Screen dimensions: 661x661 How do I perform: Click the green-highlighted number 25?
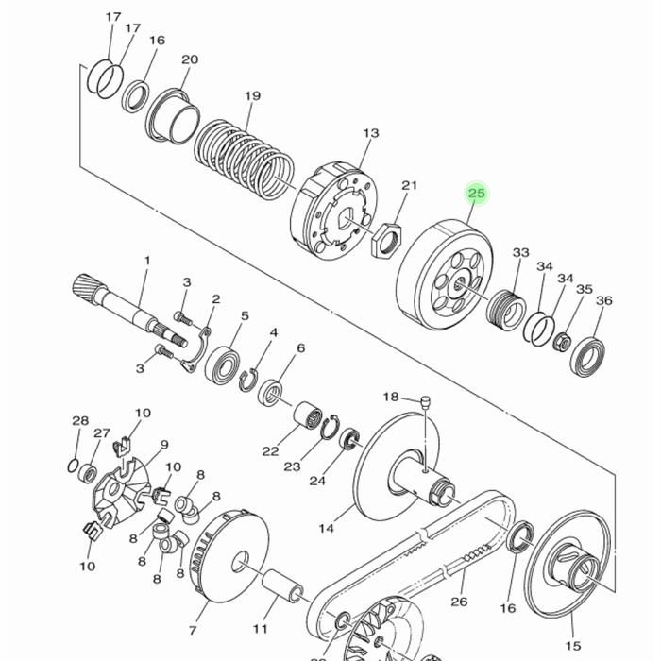[477, 193]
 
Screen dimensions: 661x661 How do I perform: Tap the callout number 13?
[371, 133]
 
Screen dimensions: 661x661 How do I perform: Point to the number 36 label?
[604, 300]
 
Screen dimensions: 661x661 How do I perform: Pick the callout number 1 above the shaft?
[147, 261]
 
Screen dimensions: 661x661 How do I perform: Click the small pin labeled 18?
[425, 400]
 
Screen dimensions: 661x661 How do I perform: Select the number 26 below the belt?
[459, 601]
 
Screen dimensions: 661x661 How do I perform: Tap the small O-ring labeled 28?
[73, 466]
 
